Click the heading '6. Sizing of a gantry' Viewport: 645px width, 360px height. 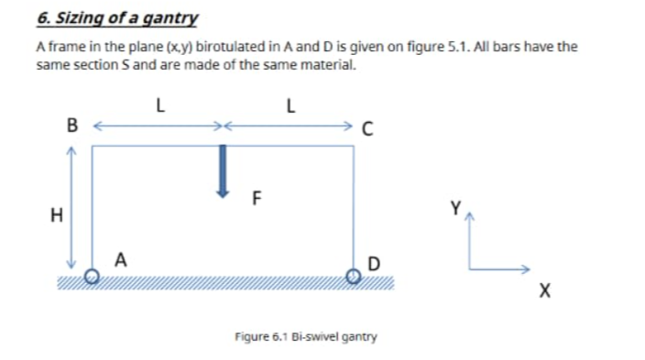[116, 17]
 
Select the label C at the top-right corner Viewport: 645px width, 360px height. [367, 128]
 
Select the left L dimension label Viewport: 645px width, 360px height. [159, 104]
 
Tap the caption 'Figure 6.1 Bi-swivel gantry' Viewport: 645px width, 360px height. [305, 336]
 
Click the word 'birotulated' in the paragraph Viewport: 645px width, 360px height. [219, 48]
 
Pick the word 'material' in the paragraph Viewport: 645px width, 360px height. [324, 67]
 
